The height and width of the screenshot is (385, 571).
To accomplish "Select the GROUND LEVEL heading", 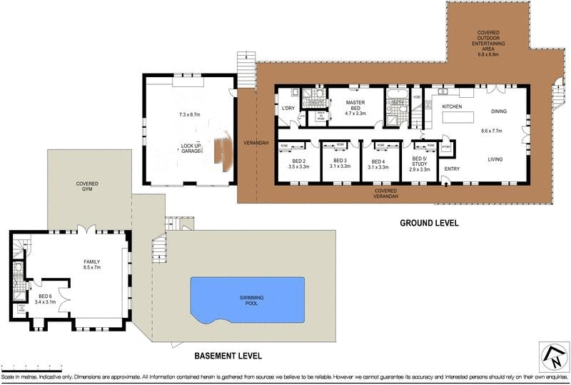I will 428,223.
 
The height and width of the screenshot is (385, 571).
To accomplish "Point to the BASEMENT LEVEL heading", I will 228,355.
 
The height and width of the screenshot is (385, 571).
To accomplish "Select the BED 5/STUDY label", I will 420,163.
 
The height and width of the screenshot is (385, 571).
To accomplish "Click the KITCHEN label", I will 453,106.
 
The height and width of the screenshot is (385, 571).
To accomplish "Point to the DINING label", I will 499,111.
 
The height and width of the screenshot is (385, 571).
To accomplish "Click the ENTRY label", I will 452,169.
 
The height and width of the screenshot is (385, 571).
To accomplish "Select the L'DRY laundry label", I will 289,108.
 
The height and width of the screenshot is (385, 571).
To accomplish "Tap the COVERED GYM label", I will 88,187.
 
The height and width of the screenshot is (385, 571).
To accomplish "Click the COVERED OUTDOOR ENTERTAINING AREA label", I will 488,44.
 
